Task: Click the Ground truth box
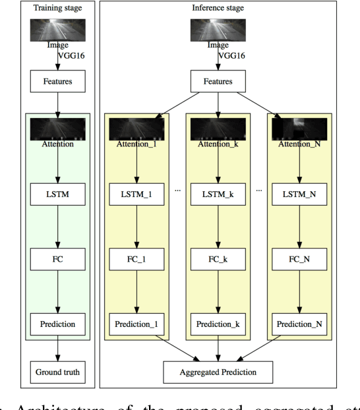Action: point(59,371)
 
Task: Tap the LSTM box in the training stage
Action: point(59,195)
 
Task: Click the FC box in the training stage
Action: point(59,259)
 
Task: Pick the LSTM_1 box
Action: point(136,195)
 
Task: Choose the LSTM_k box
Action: point(219,195)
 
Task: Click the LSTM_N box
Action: point(300,195)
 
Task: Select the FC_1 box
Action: point(136,259)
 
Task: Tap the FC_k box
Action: point(219,259)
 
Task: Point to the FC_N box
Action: point(300,259)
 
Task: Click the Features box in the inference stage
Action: point(219,82)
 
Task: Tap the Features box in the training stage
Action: point(59,82)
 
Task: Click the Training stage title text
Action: point(59,10)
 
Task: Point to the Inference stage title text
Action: point(219,10)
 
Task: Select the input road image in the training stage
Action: point(59,30)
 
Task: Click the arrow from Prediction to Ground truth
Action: point(59,348)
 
